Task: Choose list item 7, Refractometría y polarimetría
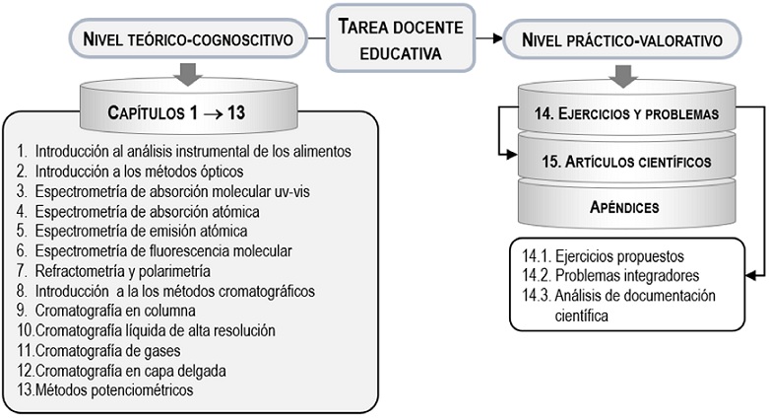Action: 123,270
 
